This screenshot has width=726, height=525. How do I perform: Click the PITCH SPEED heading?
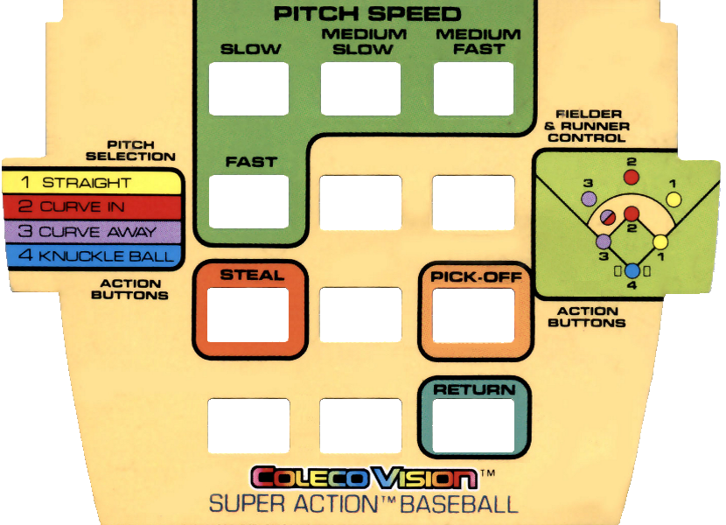[366, 14]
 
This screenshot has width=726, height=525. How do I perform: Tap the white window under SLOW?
[248, 88]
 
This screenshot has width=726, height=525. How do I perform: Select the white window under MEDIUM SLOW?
[360, 88]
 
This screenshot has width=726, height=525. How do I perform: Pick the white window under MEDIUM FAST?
[473, 88]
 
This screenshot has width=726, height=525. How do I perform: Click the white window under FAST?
[248, 201]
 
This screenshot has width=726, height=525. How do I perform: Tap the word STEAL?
[252, 275]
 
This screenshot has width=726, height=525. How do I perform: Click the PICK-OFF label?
[476, 276]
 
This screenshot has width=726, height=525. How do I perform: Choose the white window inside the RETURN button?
[474, 424]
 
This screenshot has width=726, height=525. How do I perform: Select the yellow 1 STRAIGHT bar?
[92, 183]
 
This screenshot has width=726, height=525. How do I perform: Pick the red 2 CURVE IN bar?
[92, 207]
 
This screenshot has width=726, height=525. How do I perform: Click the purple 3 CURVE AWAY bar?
[92, 232]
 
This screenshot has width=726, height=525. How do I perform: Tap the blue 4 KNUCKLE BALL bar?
[92, 256]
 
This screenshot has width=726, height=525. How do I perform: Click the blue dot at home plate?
[632, 270]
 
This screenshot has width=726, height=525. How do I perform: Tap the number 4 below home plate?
[632, 285]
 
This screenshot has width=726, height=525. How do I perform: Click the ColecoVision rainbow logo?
[364, 478]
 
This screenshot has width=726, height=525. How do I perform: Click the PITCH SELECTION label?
[142, 150]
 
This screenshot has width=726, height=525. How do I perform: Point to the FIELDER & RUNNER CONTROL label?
[588, 126]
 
